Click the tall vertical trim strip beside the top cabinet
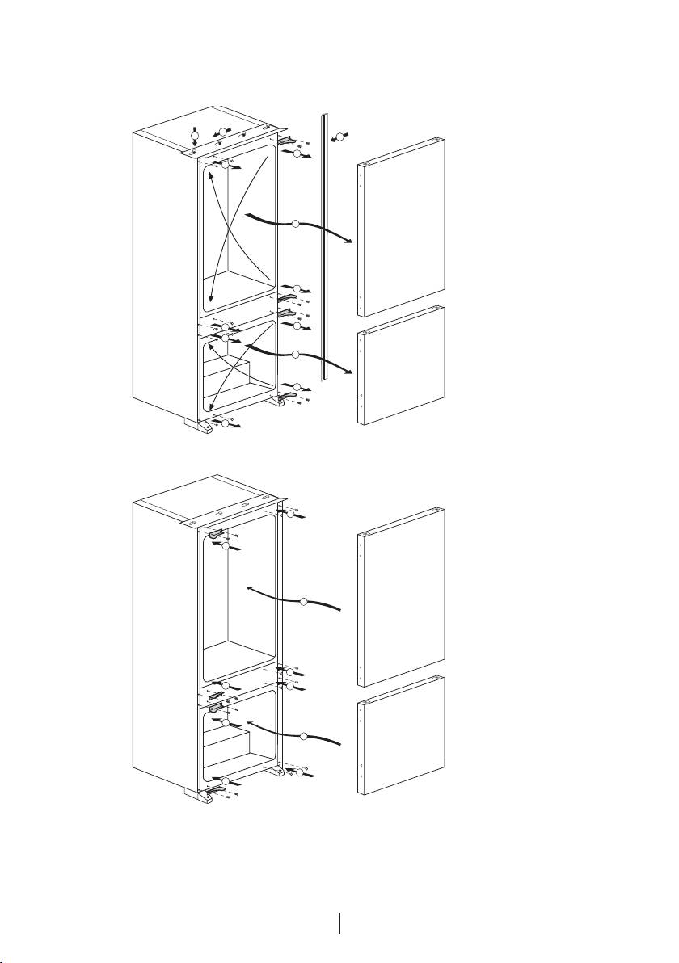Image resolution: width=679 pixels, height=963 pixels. tap(323, 242)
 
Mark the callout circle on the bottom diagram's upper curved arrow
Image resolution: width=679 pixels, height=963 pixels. tap(304, 601)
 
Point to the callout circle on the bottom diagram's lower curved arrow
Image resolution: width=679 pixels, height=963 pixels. tap(304, 735)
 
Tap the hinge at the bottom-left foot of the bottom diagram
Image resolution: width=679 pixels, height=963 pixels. tap(217, 787)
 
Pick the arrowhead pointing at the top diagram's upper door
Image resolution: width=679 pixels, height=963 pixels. tap(351, 241)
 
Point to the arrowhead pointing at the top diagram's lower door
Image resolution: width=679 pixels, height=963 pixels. tap(351, 372)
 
